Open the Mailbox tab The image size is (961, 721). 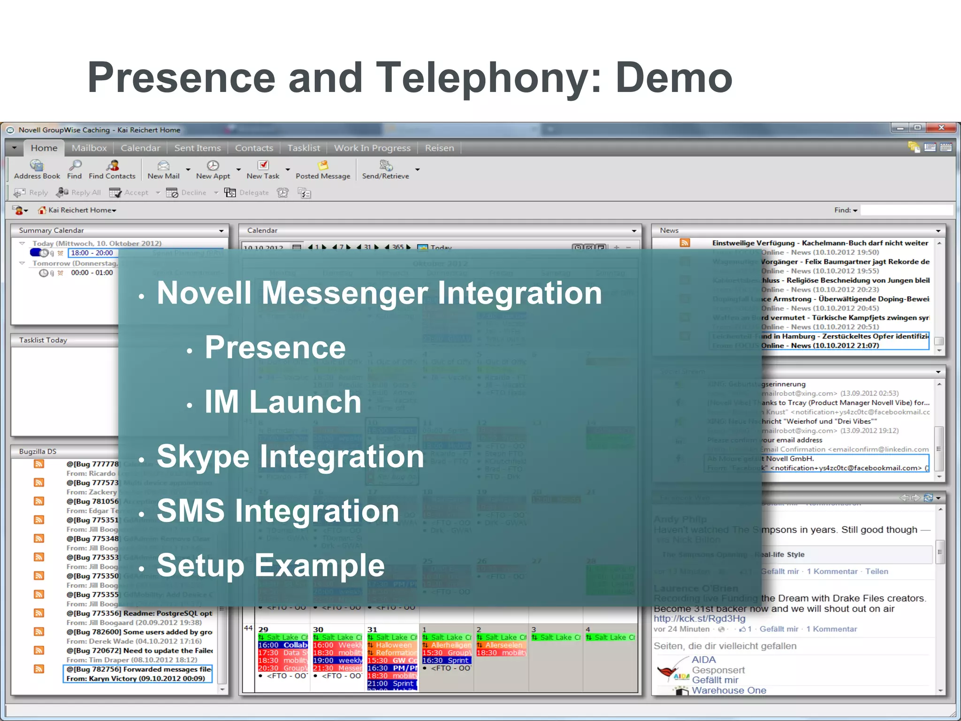[x=89, y=148]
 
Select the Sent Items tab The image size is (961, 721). [x=197, y=148]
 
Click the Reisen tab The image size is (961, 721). [x=439, y=148]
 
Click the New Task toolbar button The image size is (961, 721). [x=263, y=170]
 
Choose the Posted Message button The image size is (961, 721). [x=323, y=170]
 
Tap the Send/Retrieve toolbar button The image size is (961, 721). [x=385, y=170]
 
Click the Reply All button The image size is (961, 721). [x=79, y=192]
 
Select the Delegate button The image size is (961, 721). [x=247, y=192]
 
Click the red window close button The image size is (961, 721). [x=941, y=128]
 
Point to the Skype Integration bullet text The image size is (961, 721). [x=290, y=456]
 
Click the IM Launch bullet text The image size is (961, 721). [x=282, y=402]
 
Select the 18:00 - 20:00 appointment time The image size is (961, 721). [x=92, y=253]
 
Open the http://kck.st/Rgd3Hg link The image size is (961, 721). [x=699, y=619]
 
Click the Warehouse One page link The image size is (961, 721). [x=729, y=690]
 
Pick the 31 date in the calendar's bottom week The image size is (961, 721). [x=372, y=629]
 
